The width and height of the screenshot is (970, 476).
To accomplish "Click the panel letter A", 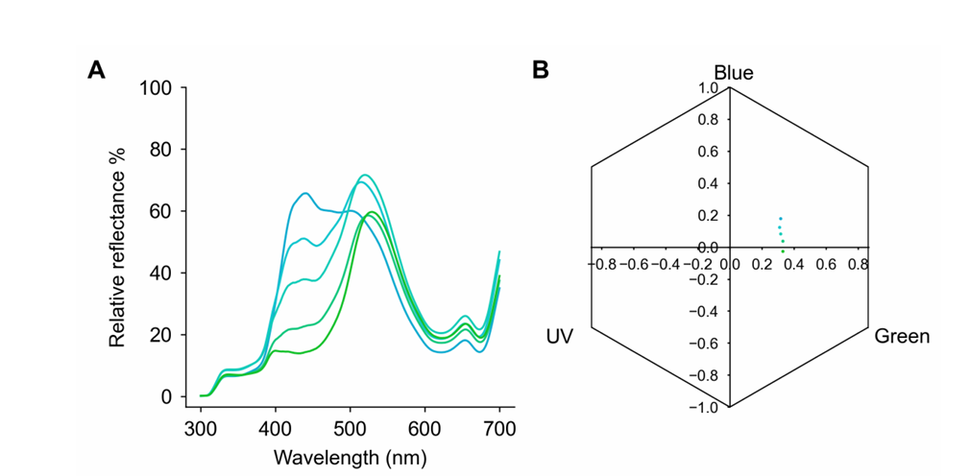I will point(96,70).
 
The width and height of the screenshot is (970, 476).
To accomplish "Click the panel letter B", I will point(541,70).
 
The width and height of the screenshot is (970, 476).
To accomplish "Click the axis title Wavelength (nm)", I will point(350,456).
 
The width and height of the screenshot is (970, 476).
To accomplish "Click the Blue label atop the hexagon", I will point(733,73).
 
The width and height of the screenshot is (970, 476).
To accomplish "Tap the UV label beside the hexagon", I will point(560,337).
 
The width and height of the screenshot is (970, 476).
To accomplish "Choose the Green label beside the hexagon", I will point(902,337).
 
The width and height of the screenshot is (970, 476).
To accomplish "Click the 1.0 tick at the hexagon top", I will point(708,88).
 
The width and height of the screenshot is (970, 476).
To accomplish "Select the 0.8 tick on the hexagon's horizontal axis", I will point(856,261).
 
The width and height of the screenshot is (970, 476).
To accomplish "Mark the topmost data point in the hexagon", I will point(780,219).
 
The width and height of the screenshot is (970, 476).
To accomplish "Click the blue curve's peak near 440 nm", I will point(305,193).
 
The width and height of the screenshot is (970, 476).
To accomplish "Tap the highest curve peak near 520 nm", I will point(364,175).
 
